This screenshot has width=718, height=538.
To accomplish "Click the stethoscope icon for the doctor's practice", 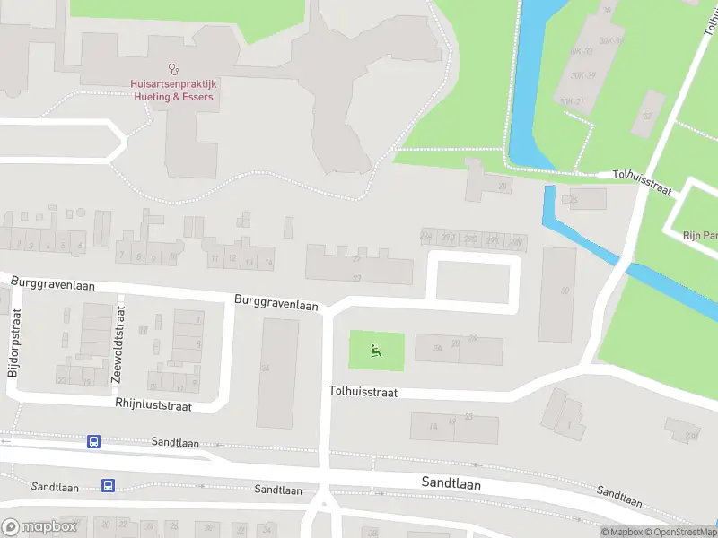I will pyautogui.click(x=172, y=68).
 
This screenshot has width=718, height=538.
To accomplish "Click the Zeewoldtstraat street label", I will pyautogui.click(x=118, y=343).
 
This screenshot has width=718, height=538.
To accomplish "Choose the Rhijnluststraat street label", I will pyautogui.click(x=153, y=405).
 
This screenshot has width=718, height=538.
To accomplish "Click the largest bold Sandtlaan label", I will pyautogui.click(x=451, y=483).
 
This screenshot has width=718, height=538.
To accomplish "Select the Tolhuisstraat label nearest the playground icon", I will pyautogui.click(x=363, y=392).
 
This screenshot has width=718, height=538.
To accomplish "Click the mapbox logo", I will pyautogui.click(x=39, y=527).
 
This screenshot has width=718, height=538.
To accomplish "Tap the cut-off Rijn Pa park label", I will pyautogui.click(x=699, y=236).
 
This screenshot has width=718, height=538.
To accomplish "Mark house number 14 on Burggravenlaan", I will pyautogui.click(x=267, y=261).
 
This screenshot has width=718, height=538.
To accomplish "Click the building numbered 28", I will pyautogui.click(x=503, y=187).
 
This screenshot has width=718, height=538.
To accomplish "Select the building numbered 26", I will pyautogui.click(x=574, y=198).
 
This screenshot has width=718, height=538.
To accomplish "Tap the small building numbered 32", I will pyautogui.click(x=647, y=116).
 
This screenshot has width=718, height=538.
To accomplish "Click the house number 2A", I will pyautogui.click(x=438, y=348).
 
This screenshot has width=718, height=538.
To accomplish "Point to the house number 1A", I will pyautogui.click(x=433, y=428).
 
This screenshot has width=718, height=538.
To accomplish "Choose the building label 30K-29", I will pyautogui.click(x=584, y=75).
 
